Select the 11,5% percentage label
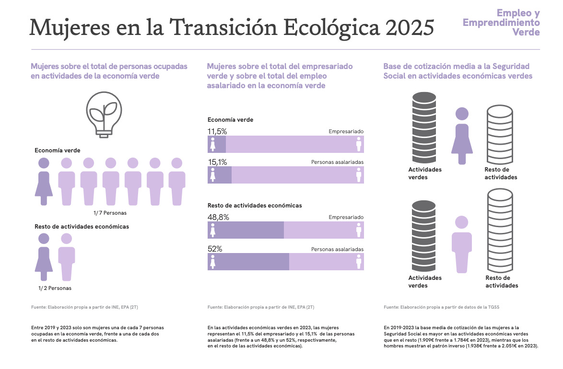(217, 131)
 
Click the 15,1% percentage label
(217, 162)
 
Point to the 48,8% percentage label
(218, 217)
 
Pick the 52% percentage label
(214, 249)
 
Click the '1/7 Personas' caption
(110, 213)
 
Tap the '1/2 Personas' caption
(55, 288)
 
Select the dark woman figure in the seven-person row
(44, 181)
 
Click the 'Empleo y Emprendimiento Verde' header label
(501, 23)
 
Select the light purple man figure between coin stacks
(461, 244)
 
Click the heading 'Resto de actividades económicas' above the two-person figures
(82, 227)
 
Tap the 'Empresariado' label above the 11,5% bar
(346, 131)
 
